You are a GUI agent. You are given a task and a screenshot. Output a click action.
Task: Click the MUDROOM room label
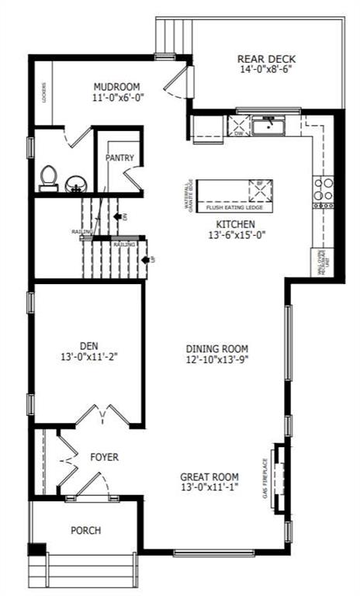(116, 86)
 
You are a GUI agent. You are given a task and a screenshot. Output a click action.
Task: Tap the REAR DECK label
(266, 59)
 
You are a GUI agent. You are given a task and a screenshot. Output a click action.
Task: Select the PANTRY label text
(120, 158)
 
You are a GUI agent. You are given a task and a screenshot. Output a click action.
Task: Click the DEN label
(88, 346)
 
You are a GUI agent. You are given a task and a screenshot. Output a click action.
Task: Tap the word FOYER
(104, 458)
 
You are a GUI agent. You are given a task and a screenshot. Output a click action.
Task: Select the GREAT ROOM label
(209, 476)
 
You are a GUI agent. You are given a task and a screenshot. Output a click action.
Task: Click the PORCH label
(85, 531)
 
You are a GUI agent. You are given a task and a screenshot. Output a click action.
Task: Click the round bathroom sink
(75, 183)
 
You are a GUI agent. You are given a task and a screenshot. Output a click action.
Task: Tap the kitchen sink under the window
(268, 124)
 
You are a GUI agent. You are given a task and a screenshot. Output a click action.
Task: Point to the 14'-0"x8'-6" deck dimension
(266, 70)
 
